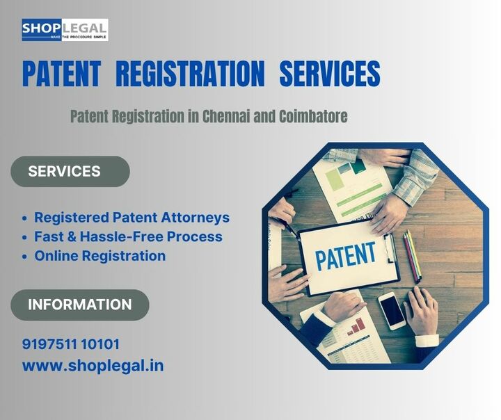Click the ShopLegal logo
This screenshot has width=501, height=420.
[65, 30]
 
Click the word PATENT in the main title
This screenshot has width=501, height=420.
[62, 74]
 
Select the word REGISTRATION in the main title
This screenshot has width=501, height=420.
[190, 74]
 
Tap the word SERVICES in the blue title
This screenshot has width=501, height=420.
[330, 74]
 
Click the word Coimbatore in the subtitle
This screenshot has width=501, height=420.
[313, 116]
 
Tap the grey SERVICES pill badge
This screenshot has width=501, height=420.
[70, 172]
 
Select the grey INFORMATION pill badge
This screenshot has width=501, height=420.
[80, 305]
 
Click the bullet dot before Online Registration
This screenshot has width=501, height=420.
[25, 257]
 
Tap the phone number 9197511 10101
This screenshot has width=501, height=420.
[70, 344]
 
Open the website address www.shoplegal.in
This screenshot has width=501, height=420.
[93, 366]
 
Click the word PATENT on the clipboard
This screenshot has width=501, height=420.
[345, 256]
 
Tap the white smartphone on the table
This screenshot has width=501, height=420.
[392, 310]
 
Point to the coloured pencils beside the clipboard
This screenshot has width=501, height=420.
[412, 255]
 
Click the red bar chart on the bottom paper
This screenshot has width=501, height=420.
[356, 325]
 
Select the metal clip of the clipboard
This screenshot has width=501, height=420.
[390, 248]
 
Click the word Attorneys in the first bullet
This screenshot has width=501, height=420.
[196, 218]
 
